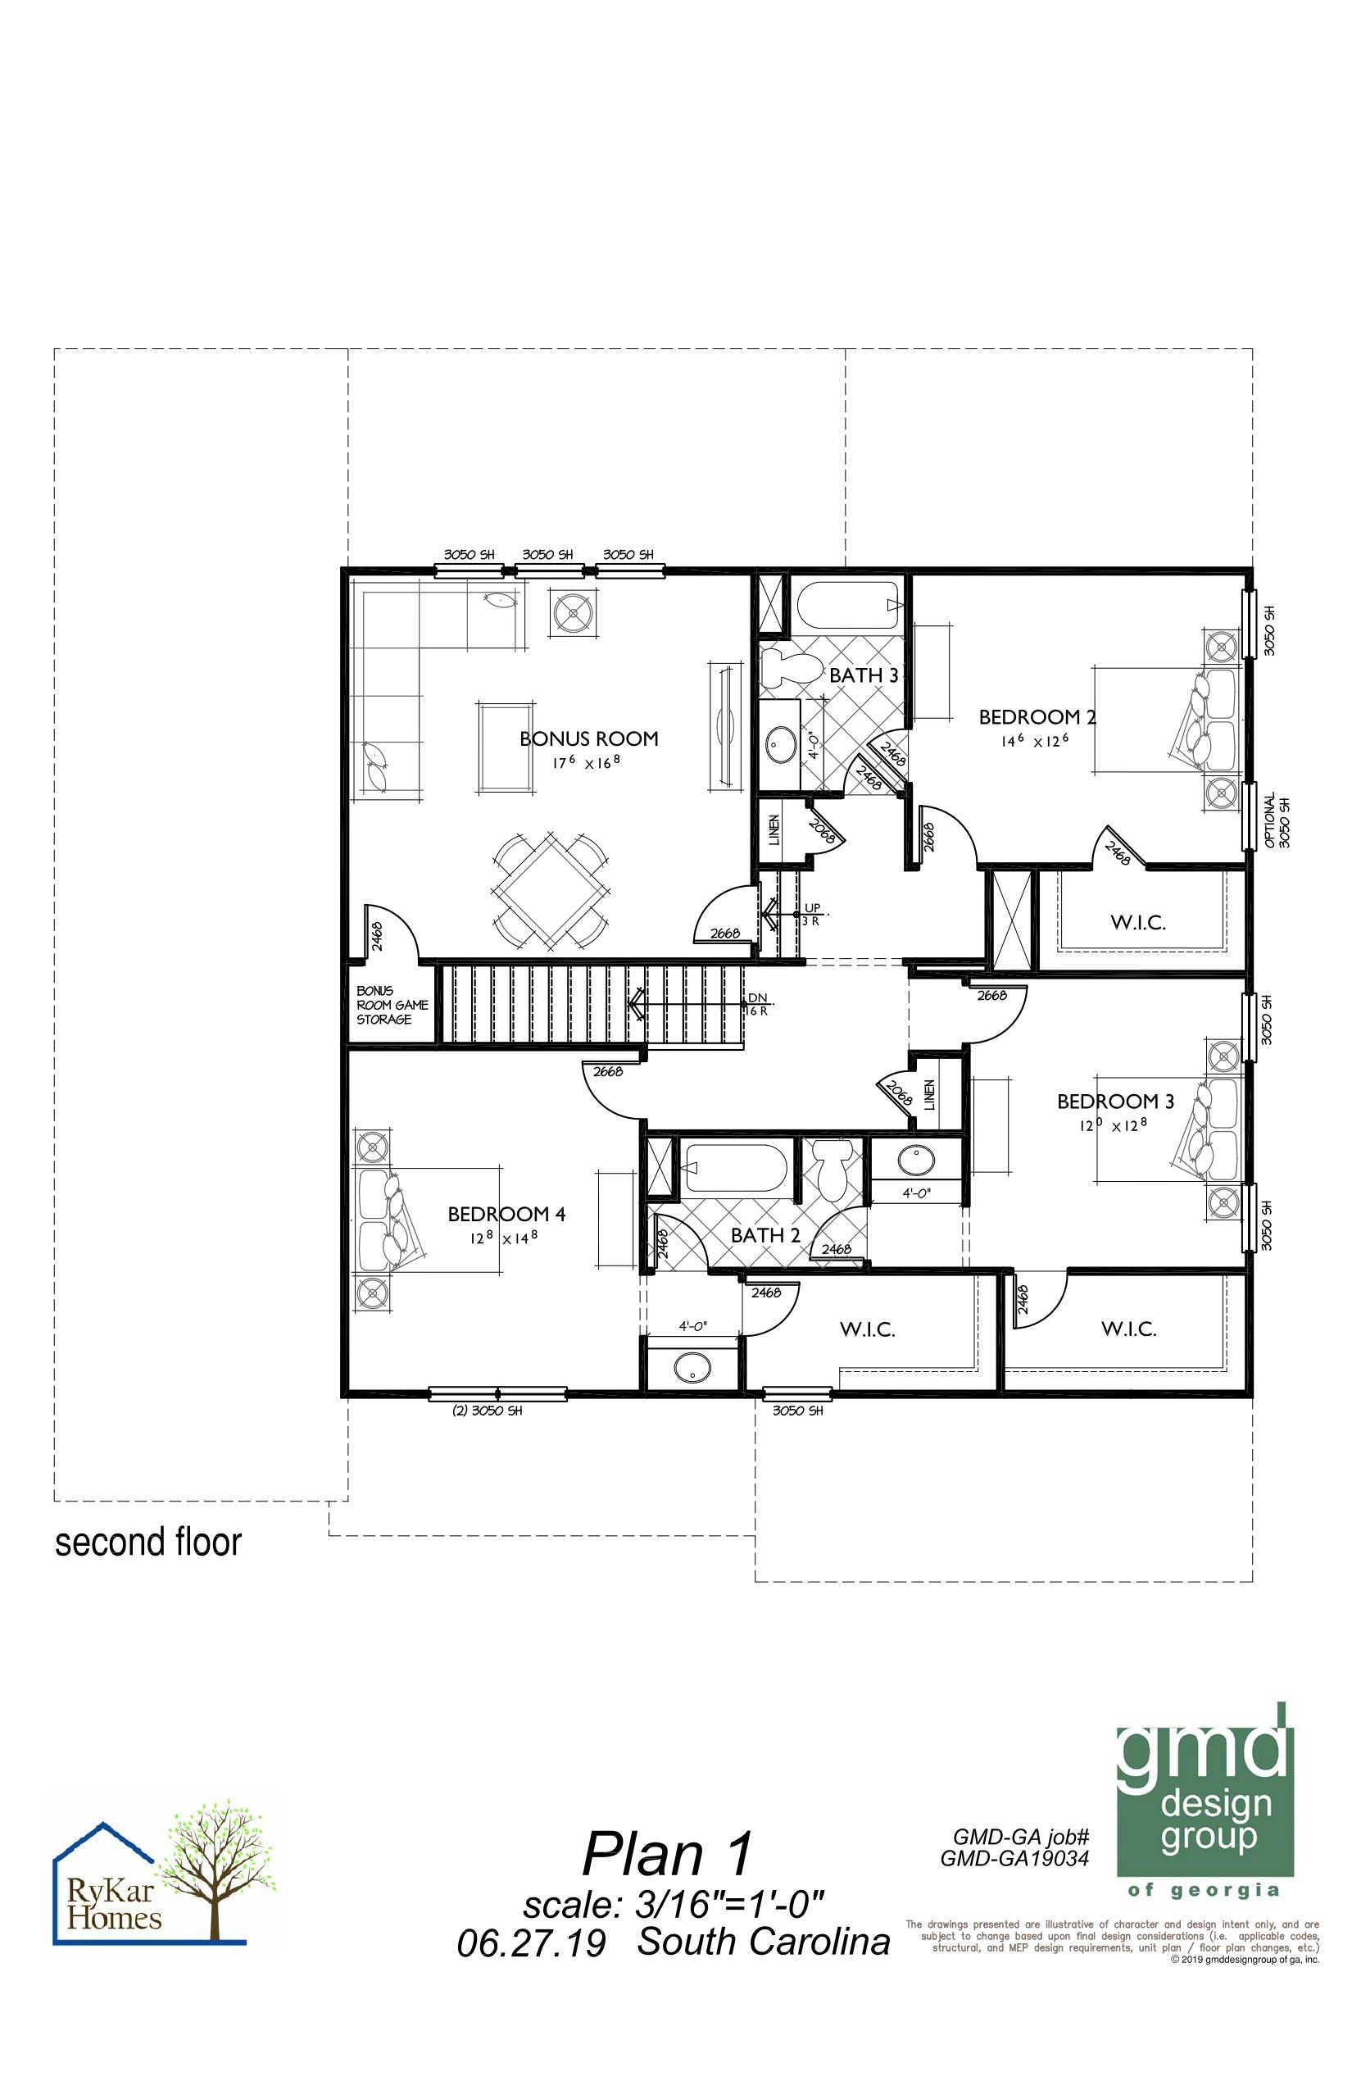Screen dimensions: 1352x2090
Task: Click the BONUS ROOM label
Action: pyautogui.click(x=589, y=738)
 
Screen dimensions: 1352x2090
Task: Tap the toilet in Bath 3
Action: pyautogui.click(x=787, y=667)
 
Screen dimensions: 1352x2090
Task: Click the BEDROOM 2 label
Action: pyautogui.click(x=1037, y=716)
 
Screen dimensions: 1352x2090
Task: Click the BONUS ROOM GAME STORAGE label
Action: pyautogui.click(x=392, y=1005)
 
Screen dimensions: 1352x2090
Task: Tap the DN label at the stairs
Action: pyautogui.click(x=757, y=997)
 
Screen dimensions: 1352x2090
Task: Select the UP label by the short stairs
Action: pyautogui.click(x=812, y=907)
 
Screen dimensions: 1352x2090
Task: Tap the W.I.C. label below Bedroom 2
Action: pyautogui.click(x=1138, y=922)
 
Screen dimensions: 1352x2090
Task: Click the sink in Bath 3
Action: pyautogui.click(x=779, y=746)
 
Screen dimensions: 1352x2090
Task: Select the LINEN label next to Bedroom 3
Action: pyautogui.click(x=929, y=1093)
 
